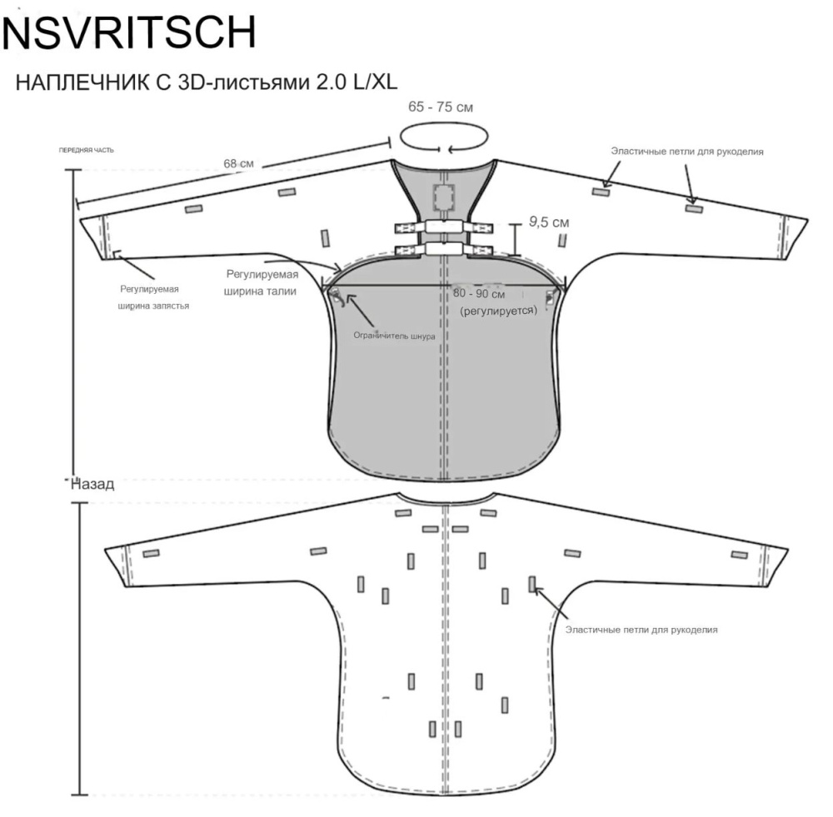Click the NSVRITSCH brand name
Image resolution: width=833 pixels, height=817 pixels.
point(128,32)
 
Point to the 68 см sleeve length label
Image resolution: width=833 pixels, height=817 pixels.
point(239,164)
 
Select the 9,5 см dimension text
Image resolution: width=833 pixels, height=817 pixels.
point(549,222)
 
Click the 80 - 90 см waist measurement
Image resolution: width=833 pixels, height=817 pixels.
point(480,294)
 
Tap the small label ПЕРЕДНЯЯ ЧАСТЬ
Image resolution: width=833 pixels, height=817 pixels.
point(86,151)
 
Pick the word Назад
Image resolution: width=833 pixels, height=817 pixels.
point(94,484)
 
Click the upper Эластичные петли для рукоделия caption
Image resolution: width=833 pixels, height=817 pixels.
point(687,152)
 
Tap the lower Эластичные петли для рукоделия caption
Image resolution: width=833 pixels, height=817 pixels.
point(641,630)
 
